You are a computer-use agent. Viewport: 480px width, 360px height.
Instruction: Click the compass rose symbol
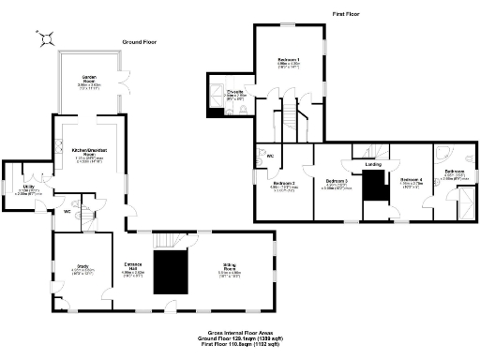click(45, 37)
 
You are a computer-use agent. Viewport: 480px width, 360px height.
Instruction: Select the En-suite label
click(236, 93)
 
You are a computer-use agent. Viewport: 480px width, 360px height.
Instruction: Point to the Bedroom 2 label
click(285, 184)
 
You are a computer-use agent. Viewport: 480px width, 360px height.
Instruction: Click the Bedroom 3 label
click(337, 182)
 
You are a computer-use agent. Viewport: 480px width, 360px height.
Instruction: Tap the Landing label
click(373, 164)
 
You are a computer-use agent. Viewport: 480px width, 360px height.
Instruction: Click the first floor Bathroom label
click(454, 174)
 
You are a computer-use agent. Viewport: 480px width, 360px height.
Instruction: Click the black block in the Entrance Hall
click(171, 271)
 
